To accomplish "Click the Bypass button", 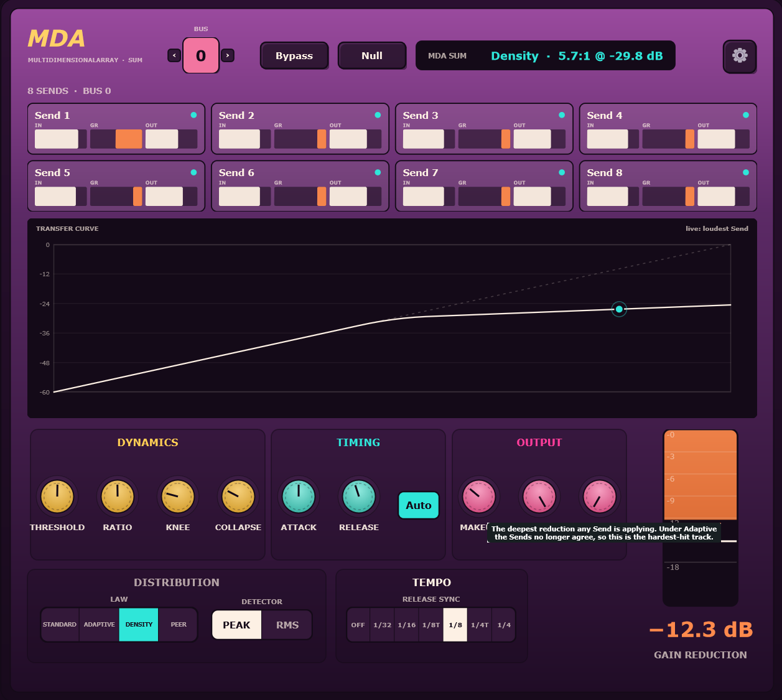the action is tap(294, 55).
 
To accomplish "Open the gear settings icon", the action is tap(740, 56).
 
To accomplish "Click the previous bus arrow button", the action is tap(174, 55).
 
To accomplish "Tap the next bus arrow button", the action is tap(228, 55).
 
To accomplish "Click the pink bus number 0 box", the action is tap(201, 55).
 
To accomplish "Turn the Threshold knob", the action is tap(57, 497).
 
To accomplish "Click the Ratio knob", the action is tap(118, 497).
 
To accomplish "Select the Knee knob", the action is tap(177, 497).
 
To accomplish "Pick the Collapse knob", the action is tap(238, 497).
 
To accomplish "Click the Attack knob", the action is tap(299, 497).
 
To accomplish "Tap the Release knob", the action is tap(358, 497).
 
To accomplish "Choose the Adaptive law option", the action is tap(99, 624).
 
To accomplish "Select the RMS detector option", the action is tap(287, 625).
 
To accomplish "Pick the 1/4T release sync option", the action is tap(480, 625).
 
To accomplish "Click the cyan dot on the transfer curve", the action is tap(619, 309).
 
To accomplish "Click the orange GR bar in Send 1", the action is tap(129, 139).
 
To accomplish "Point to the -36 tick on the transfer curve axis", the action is tap(45, 333).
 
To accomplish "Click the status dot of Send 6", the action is tap(378, 172).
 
